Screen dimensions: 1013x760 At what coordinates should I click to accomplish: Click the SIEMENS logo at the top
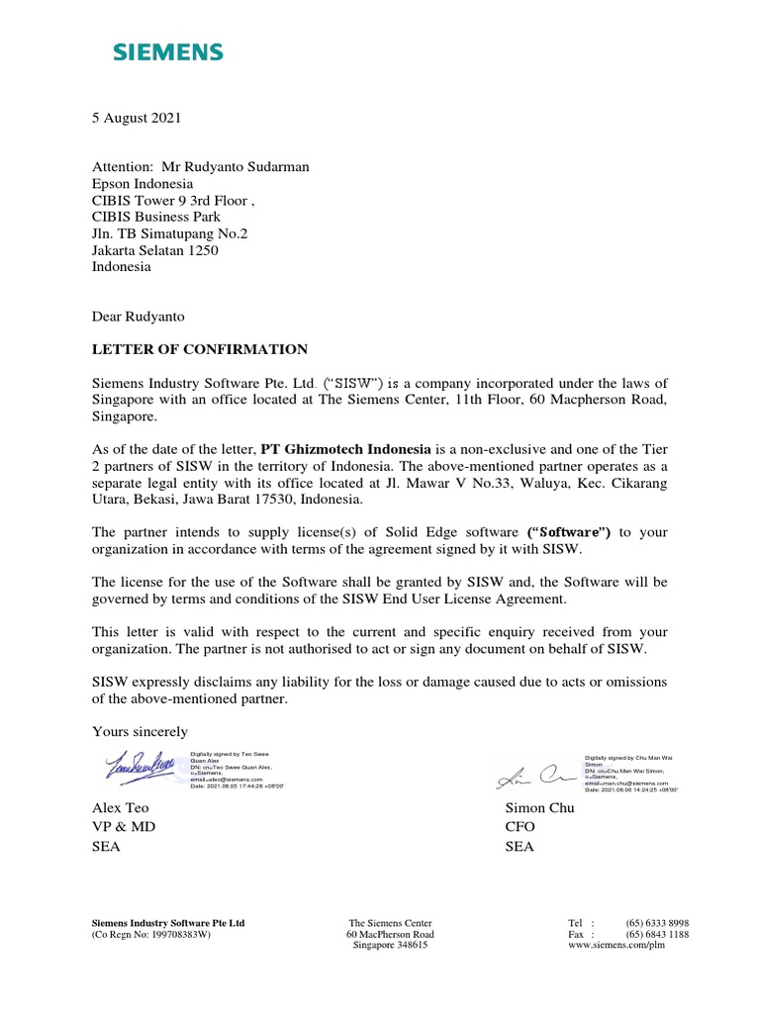(x=166, y=52)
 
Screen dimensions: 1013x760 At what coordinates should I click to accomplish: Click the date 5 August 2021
(x=137, y=118)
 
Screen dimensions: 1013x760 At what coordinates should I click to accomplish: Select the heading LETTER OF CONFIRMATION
(x=200, y=349)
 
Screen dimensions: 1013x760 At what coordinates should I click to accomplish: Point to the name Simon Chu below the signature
(x=539, y=807)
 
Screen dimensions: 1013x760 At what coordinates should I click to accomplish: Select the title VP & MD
(x=124, y=827)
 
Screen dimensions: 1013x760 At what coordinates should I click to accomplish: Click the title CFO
(x=520, y=827)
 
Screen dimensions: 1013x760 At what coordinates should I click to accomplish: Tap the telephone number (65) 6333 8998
(x=657, y=922)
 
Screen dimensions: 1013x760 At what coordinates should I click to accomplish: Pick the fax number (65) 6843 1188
(x=657, y=934)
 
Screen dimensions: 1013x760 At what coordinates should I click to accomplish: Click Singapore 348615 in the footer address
(x=390, y=946)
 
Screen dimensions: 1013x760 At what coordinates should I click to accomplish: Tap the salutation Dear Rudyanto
(x=138, y=317)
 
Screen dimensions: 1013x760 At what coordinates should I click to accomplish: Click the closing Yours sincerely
(x=140, y=731)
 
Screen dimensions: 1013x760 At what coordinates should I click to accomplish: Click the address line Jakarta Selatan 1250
(x=155, y=250)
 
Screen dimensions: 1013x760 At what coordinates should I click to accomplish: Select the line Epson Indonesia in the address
(x=142, y=184)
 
